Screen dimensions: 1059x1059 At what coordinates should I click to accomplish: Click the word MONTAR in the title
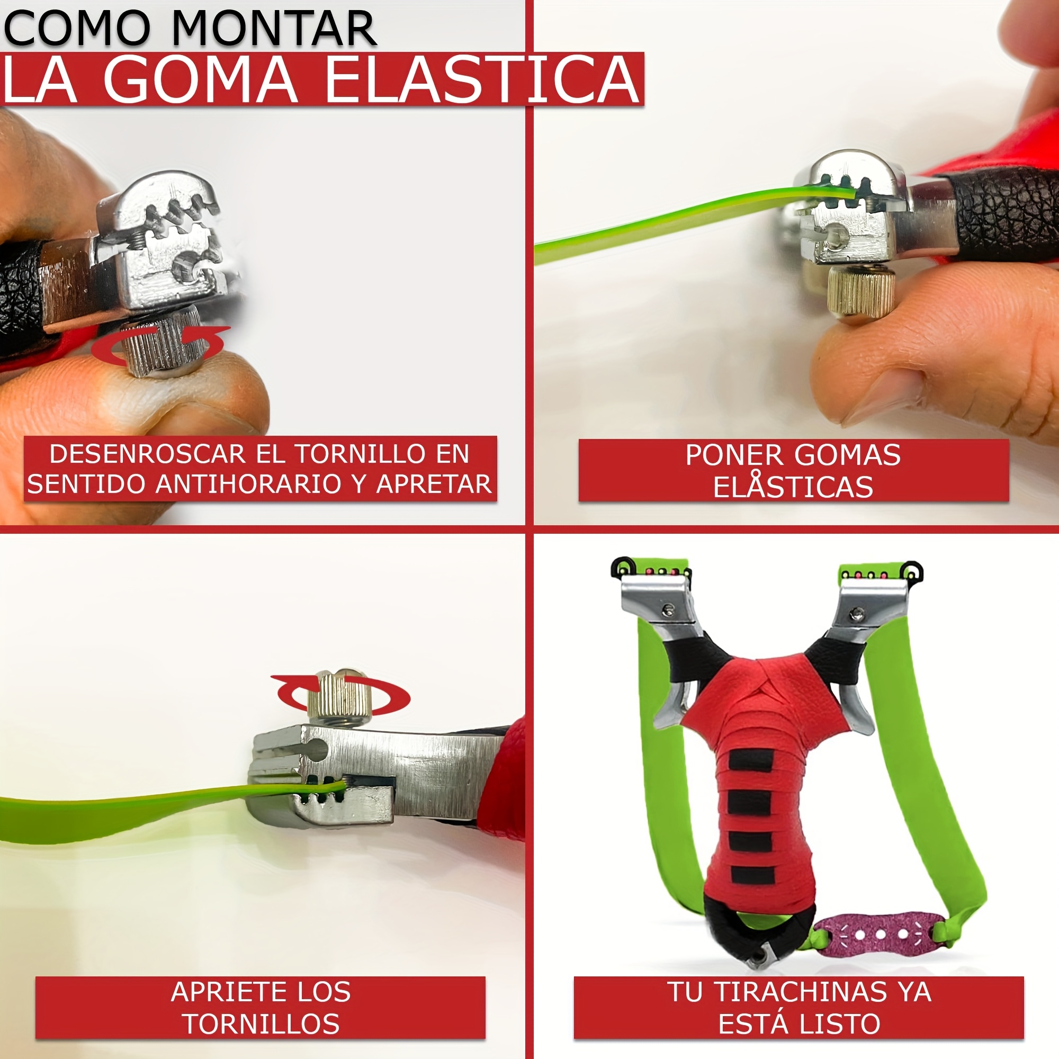(274, 29)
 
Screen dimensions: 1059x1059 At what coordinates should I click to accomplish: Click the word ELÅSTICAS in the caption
(793, 486)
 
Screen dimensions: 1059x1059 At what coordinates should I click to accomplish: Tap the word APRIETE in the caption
(225, 992)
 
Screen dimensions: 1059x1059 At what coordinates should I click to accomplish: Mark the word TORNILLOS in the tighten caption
(261, 1024)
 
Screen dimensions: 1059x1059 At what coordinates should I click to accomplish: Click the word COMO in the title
(77, 29)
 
